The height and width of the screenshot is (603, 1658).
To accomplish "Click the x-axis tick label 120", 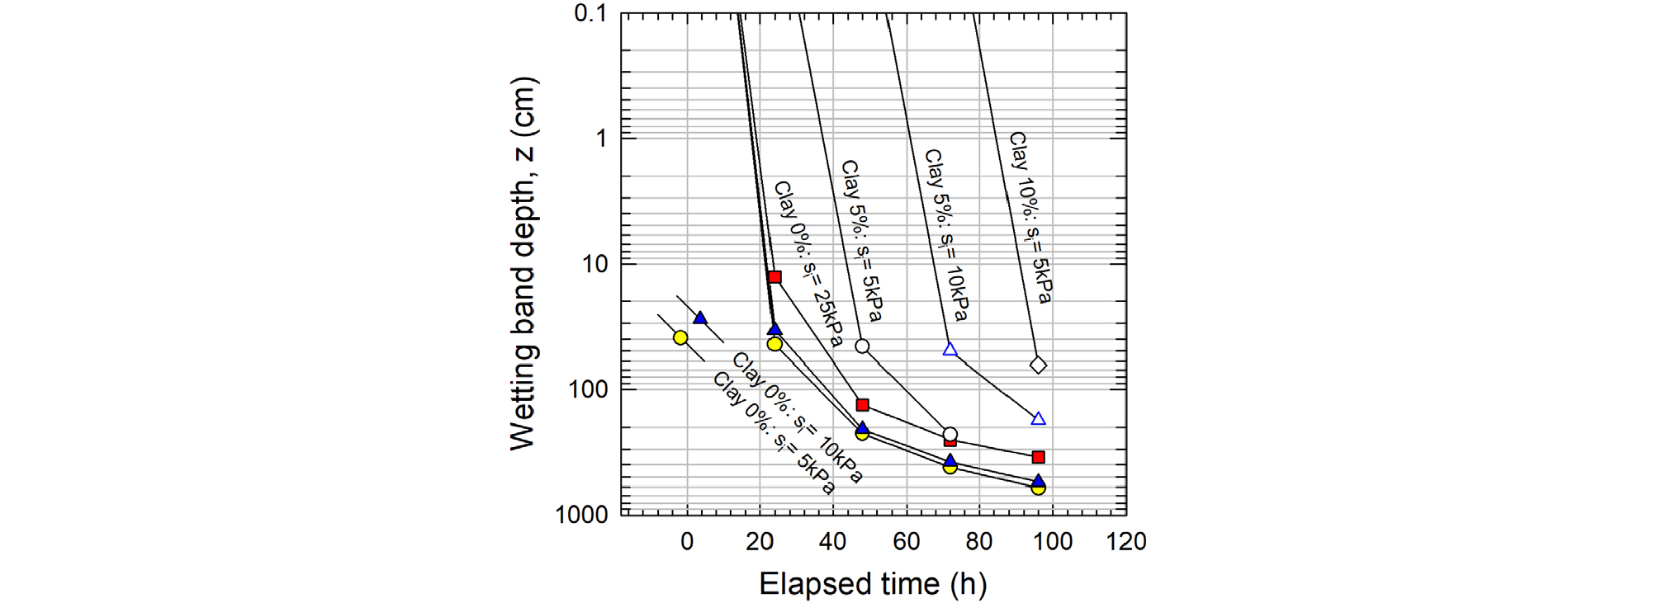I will [1126, 542].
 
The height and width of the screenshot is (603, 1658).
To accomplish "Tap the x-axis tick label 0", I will [687, 542].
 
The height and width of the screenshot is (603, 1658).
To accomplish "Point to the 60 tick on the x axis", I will [906, 542].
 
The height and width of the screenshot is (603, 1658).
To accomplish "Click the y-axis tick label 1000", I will [581, 515].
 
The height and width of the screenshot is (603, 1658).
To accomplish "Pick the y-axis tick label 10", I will [595, 264].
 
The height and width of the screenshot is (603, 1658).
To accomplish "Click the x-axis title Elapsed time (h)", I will [873, 584].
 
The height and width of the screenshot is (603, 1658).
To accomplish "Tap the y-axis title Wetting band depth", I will [523, 264].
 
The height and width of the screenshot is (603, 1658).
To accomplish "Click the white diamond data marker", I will [1039, 365].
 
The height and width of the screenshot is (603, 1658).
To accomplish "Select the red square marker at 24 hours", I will [775, 277].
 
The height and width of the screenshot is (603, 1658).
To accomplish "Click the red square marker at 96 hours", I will [1039, 457].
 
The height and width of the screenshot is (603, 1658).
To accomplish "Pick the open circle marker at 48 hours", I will [862, 346].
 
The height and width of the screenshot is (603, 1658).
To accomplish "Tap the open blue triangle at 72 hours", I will [950, 350].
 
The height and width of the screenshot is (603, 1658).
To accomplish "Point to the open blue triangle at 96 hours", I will [1039, 419].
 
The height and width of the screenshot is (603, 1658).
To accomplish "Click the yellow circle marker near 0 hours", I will [680, 337].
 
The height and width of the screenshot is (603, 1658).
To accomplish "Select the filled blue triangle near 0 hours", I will [700, 318].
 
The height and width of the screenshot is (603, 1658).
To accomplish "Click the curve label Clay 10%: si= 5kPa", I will [1030, 218].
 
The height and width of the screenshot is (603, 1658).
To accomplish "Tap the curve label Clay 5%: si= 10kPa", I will [945, 235].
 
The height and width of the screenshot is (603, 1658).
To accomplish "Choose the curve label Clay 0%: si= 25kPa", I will [808, 264].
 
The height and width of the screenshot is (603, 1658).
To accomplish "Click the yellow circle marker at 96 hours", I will [1039, 488].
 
